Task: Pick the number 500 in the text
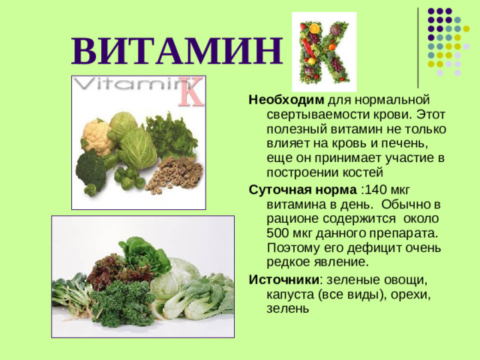(x=280, y=233)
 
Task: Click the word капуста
(x=292, y=294)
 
